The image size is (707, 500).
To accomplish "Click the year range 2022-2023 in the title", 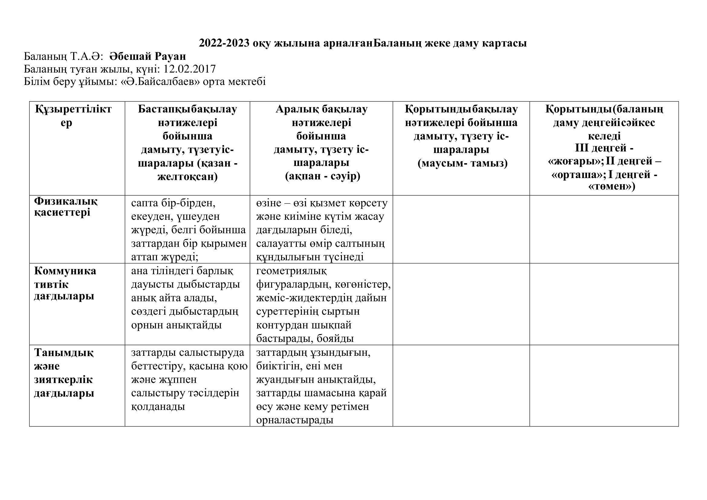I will (224, 44).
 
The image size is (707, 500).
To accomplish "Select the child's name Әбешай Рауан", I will (148, 56).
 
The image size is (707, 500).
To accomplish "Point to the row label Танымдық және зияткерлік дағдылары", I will (63, 372).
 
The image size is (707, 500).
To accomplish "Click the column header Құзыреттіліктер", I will (73, 116).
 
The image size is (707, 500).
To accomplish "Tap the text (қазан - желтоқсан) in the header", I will (187, 170).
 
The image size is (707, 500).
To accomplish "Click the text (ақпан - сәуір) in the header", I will (323, 177).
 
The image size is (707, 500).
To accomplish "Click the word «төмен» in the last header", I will (611, 186).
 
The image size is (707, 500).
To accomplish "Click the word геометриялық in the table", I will (291, 271).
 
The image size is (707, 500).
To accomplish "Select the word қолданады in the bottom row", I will (158, 407).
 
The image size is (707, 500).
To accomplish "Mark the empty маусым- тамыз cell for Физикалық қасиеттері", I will (461, 229).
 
